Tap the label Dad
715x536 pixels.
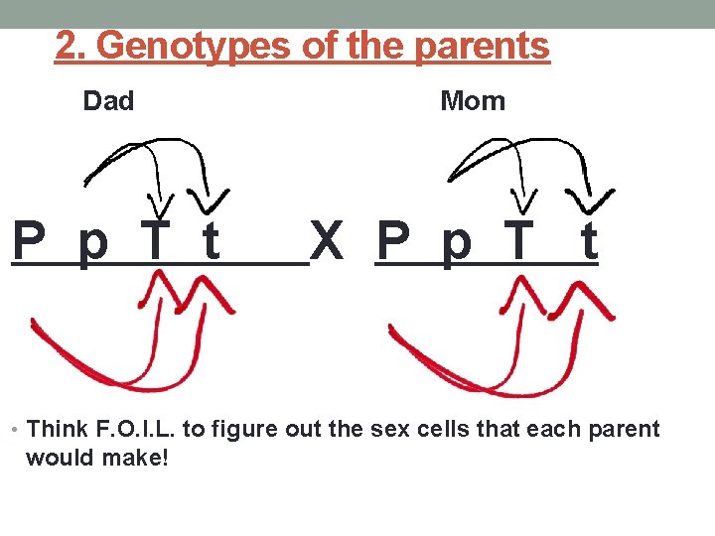[x=108, y=101]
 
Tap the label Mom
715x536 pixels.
[x=473, y=101]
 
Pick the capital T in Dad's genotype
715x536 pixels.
[x=155, y=241]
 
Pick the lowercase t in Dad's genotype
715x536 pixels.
[x=211, y=241]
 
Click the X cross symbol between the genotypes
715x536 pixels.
[x=327, y=241]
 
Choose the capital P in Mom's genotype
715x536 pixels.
[x=394, y=241]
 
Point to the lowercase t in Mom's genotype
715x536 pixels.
[x=589, y=241]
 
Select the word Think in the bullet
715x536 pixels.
[x=58, y=429]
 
